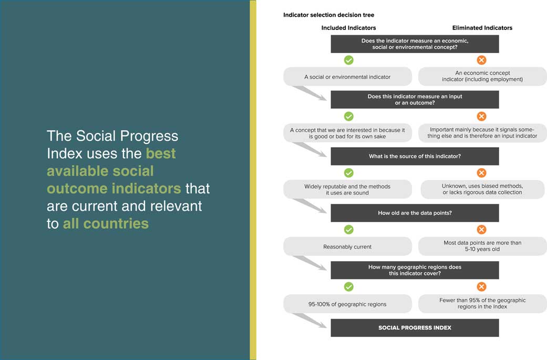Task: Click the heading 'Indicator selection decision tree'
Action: (x=328, y=15)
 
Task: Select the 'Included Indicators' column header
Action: (x=348, y=28)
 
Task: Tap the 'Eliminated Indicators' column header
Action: (x=482, y=28)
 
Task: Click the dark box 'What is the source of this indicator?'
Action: (x=415, y=156)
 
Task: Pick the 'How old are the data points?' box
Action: (x=415, y=213)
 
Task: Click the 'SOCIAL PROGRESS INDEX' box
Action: (x=415, y=328)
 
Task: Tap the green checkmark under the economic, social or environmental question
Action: (x=348, y=60)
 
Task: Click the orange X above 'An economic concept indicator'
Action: (x=481, y=60)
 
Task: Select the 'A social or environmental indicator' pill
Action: (x=347, y=77)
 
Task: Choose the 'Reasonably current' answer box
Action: (x=347, y=246)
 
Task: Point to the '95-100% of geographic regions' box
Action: (x=347, y=304)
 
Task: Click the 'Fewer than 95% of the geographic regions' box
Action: (x=482, y=303)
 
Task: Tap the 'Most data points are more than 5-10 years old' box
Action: (x=482, y=246)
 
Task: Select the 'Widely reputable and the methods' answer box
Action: (x=347, y=189)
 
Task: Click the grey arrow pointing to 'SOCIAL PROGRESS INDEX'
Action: (x=309, y=320)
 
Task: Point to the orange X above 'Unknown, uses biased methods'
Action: (x=481, y=173)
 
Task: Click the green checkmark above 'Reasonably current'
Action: (x=348, y=230)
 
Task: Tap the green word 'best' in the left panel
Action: (x=161, y=153)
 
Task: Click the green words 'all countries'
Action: (x=106, y=223)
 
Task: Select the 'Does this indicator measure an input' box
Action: (x=415, y=99)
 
